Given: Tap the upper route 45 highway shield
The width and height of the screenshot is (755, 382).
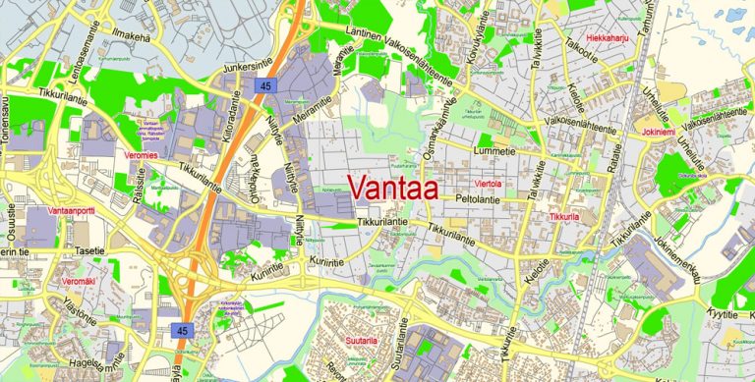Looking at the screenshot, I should pyautogui.click(x=266, y=86).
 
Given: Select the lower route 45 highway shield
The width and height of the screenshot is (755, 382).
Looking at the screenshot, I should pyautogui.click(x=182, y=330).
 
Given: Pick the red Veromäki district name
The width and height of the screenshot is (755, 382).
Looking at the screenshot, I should pyautogui.click(x=76, y=282).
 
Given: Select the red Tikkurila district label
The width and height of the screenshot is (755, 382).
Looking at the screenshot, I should pyautogui.click(x=565, y=216).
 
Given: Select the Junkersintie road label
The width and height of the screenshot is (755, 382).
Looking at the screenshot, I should pyautogui.click(x=248, y=68).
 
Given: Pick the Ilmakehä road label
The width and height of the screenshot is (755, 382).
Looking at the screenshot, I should pyautogui.click(x=135, y=37).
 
